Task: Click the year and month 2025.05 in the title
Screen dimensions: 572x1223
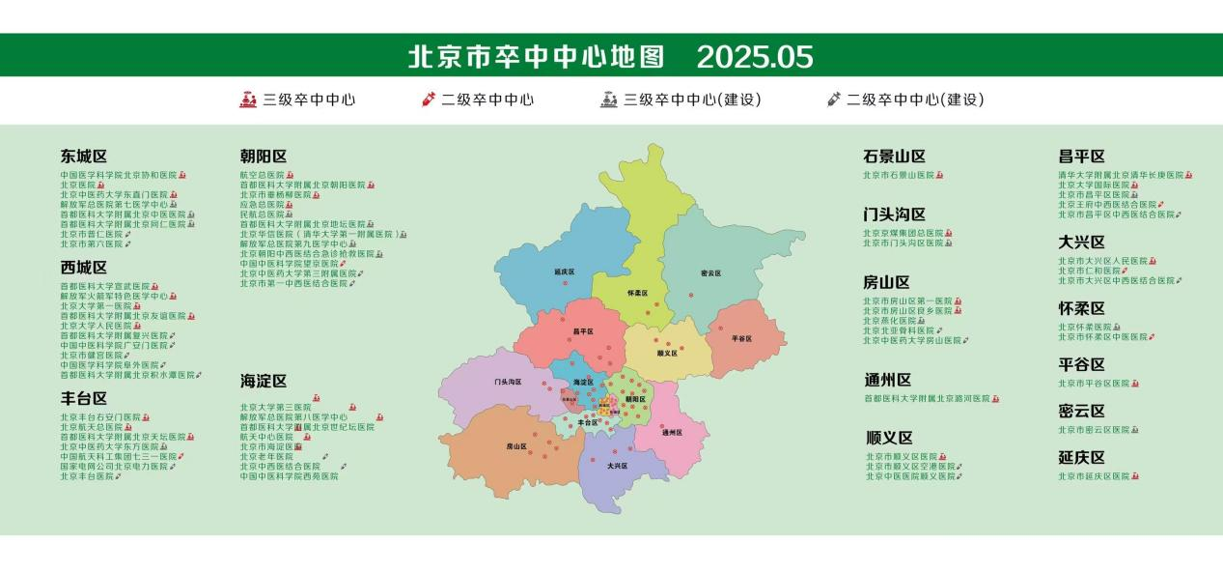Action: pos(755,57)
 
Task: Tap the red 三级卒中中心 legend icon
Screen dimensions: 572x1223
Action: pos(248,100)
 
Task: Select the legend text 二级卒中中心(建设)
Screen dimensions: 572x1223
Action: pos(915,100)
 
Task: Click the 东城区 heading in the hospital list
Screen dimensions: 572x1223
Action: pos(84,157)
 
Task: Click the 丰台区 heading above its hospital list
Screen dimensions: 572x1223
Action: pos(84,398)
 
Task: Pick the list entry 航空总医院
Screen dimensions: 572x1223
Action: pos(262,175)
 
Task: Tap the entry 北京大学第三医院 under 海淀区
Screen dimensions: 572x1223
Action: pos(276,407)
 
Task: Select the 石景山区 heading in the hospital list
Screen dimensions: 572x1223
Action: pos(894,157)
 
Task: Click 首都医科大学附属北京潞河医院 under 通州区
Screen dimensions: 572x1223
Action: pos(927,398)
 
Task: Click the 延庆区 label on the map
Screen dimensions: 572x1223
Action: pos(566,272)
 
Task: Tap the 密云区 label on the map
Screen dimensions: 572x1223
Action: pos(710,273)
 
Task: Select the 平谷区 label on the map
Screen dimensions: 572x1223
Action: pos(741,338)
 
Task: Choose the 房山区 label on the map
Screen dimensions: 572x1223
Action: pos(516,446)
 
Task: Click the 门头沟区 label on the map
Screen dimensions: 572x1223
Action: pos(508,382)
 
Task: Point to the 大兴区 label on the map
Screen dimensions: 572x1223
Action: pos(618,466)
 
